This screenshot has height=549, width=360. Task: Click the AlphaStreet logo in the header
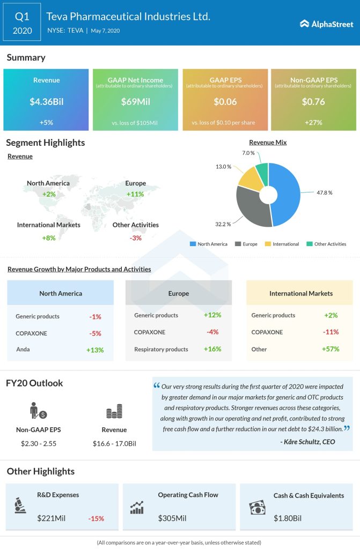click(x=326, y=24)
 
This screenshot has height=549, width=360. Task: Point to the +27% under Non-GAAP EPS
click(x=313, y=122)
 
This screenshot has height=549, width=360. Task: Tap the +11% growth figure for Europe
click(x=135, y=194)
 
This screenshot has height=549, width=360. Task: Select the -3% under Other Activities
click(x=135, y=238)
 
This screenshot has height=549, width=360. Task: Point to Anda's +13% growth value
click(x=94, y=350)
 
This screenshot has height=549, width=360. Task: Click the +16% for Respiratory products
click(x=212, y=349)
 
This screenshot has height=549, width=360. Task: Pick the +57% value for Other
click(x=330, y=349)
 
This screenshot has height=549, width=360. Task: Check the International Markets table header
click(x=301, y=293)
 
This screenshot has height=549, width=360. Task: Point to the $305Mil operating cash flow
click(x=172, y=518)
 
